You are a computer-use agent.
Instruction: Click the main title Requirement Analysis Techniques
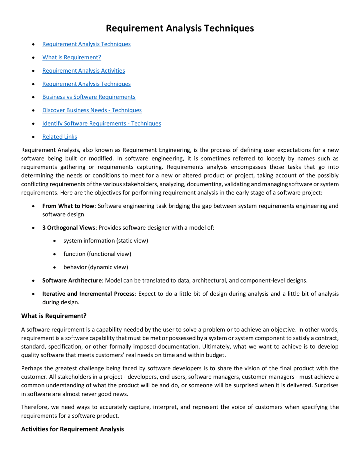point(180,28)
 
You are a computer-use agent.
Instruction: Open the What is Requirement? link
point(72,57)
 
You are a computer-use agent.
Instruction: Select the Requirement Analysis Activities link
point(84,71)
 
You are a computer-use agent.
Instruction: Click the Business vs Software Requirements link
point(89,97)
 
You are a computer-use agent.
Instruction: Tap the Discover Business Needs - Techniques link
point(92,110)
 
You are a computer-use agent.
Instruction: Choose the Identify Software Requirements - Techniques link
point(102,123)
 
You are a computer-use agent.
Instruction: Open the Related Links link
point(60,136)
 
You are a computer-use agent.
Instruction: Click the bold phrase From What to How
point(68,206)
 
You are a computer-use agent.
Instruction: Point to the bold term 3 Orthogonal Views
point(69,227)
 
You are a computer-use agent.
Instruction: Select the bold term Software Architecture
point(72,280)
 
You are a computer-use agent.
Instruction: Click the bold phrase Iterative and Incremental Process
point(88,294)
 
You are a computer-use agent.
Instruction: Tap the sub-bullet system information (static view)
point(106,241)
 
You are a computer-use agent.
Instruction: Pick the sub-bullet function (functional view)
point(97,254)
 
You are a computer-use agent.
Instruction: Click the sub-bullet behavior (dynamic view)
point(96,267)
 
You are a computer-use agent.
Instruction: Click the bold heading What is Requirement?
point(54,316)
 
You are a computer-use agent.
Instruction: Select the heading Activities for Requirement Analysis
point(72,429)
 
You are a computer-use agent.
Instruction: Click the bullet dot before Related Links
point(33,137)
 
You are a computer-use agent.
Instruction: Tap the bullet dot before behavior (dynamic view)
point(55,268)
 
